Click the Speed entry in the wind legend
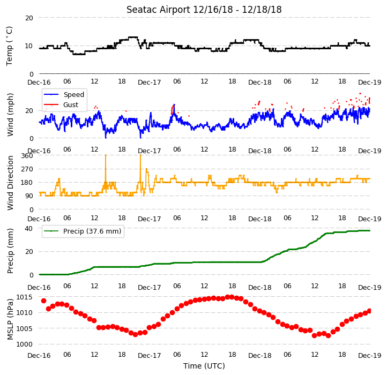click(x=74, y=94)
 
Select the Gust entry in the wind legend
click(x=71, y=105)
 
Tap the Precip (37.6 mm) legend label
click(x=92, y=231)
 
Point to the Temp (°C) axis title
click(x=9, y=46)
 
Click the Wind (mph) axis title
click(x=10, y=115)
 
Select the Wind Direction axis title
click(x=10, y=183)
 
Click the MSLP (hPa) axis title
click(x=10, y=319)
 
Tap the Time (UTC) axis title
click(x=204, y=366)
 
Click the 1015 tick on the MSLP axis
click(x=24, y=297)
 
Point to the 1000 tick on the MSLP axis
click(x=24, y=344)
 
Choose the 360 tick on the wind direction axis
click(x=27, y=156)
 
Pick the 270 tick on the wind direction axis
click(x=27, y=169)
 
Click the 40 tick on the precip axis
click(x=29, y=229)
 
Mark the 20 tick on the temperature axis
click(x=29, y=18)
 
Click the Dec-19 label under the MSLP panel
click(x=370, y=356)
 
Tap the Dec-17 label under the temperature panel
click(x=150, y=82)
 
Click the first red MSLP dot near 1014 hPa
click(x=44, y=301)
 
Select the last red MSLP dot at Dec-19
click(x=369, y=311)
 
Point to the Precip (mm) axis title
click(x=10, y=251)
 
